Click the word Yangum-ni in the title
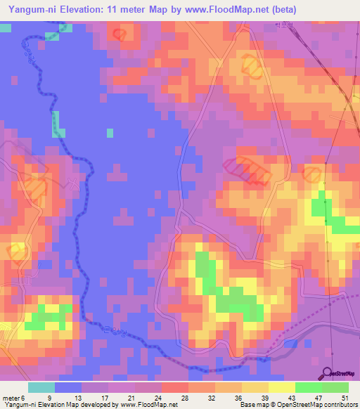point(32,10)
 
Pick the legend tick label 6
point(23,397)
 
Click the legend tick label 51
point(345,397)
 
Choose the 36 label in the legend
point(237,397)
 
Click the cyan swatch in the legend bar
point(41,387)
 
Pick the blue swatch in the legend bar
point(68,387)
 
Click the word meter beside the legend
point(11,397)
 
